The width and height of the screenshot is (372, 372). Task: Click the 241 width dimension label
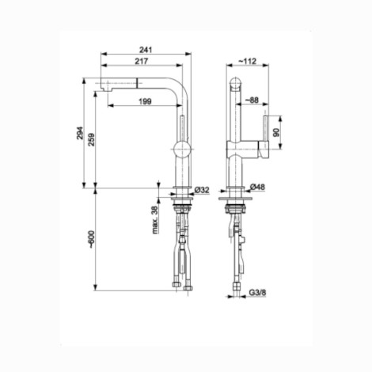(x=146, y=50)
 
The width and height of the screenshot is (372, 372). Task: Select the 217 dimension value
(x=142, y=61)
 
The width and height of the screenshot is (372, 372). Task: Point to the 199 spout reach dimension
(x=145, y=101)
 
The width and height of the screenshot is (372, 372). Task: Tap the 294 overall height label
(x=80, y=133)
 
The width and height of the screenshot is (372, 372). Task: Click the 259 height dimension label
(x=92, y=139)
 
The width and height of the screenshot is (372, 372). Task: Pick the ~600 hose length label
(x=91, y=239)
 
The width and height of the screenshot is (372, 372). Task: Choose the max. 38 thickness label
(x=156, y=220)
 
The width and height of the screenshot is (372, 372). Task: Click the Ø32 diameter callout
(x=202, y=190)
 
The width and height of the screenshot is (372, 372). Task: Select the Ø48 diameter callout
(x=257, y=187)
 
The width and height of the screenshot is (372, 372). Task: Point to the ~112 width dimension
(x=247, y=61)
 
